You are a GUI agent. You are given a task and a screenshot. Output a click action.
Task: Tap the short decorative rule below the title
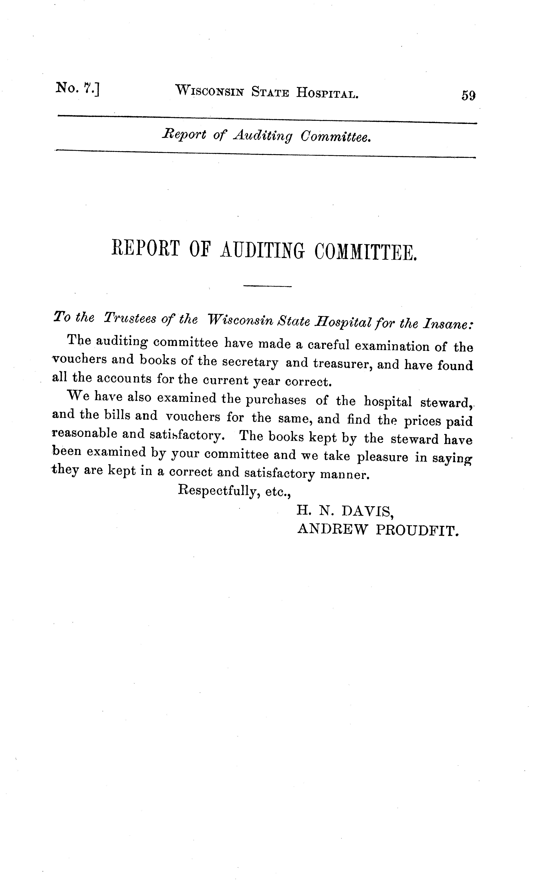267,286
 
